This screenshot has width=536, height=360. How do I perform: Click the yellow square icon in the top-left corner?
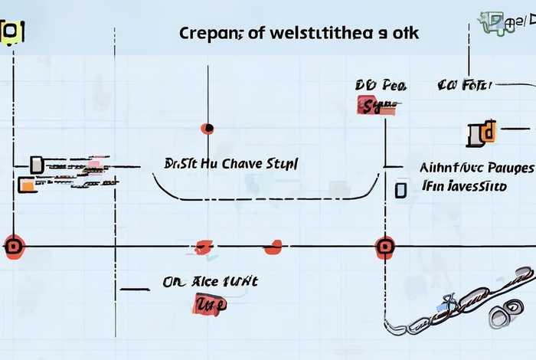coord(11,32)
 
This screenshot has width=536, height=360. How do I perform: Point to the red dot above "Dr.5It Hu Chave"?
coord(207,128)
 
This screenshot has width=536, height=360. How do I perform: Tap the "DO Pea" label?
coord(374,85)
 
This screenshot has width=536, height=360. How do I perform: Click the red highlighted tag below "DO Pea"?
coord(375,106)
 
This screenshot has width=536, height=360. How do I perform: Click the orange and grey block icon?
coord(481,133)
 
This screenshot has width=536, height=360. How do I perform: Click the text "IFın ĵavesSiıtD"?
coord(464,186)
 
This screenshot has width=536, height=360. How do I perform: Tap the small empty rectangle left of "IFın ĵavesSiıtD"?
coord(400,189)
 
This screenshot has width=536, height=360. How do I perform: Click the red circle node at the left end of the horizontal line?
coord(13,247)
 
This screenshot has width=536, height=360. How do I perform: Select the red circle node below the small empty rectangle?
coord(385,247)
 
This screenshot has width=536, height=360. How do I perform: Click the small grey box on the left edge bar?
coord(36,164)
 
